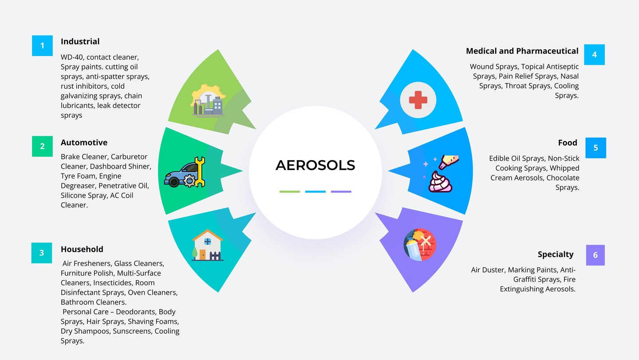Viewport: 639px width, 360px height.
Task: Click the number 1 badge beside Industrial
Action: pos(42,46)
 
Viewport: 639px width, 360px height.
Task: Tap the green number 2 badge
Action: pos(42,146)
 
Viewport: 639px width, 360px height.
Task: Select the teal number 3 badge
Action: pos(42,253)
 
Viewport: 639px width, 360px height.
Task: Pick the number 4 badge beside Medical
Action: pos(594,55)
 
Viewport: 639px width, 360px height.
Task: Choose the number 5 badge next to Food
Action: pos(596,148)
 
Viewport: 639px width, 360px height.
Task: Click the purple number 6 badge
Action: pos(595,255)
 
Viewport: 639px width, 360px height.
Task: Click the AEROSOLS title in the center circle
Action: pos(315,165)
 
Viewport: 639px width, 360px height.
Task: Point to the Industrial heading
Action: pos(80,41)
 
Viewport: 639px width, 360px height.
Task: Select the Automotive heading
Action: pos(84,142)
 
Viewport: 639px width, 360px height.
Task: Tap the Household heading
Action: pos(82,249)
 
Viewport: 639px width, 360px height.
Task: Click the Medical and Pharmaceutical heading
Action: pos(522,51)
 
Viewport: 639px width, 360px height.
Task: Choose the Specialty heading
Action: pos(556,254)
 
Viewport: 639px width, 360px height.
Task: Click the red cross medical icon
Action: pos(418,100)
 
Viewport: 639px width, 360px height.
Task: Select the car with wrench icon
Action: pos(185,172)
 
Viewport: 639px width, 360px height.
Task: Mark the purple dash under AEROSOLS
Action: pos(341,192)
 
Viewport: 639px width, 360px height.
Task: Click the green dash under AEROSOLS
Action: pos(289,192)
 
